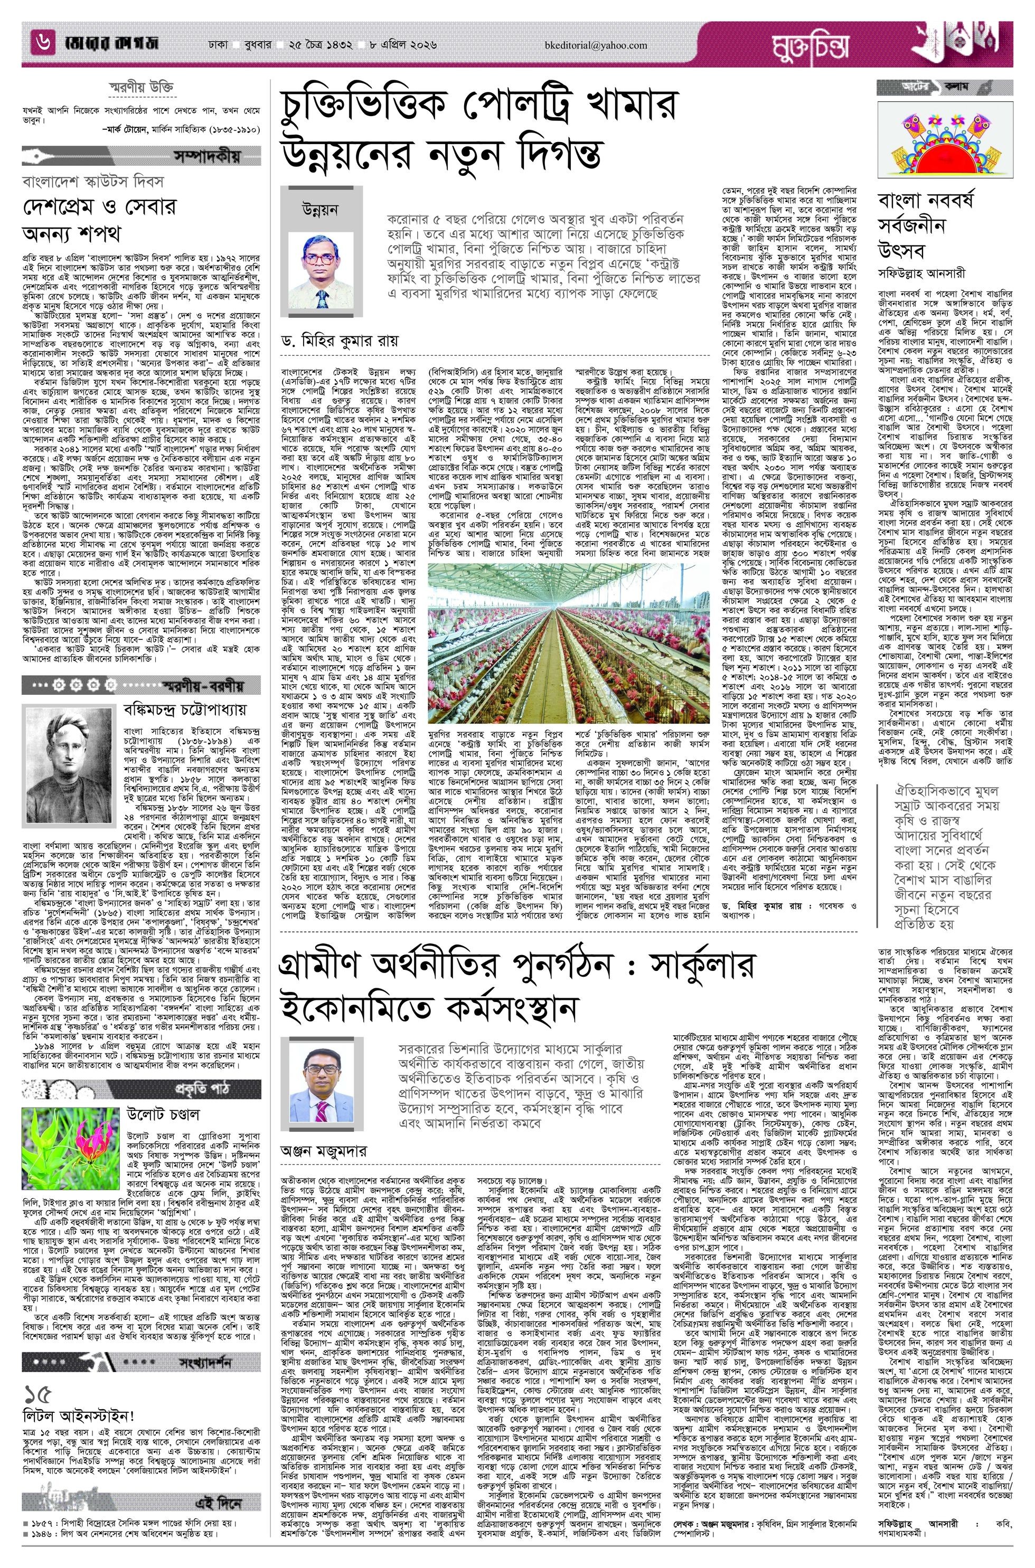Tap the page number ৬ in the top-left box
pos(43,44)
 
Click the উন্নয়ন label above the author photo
pos(319,209)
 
